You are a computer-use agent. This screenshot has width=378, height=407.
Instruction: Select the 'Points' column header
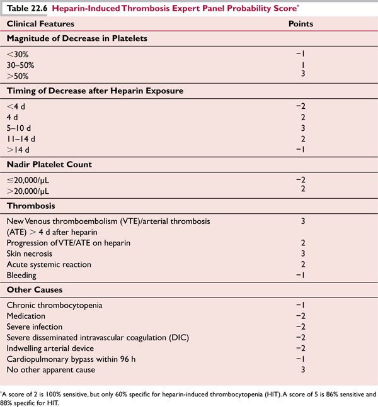coord(301,23)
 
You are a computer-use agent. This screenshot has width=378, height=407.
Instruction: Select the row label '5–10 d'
coord(20,128)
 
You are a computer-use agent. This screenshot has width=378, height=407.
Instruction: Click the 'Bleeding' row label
coord(21,275)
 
